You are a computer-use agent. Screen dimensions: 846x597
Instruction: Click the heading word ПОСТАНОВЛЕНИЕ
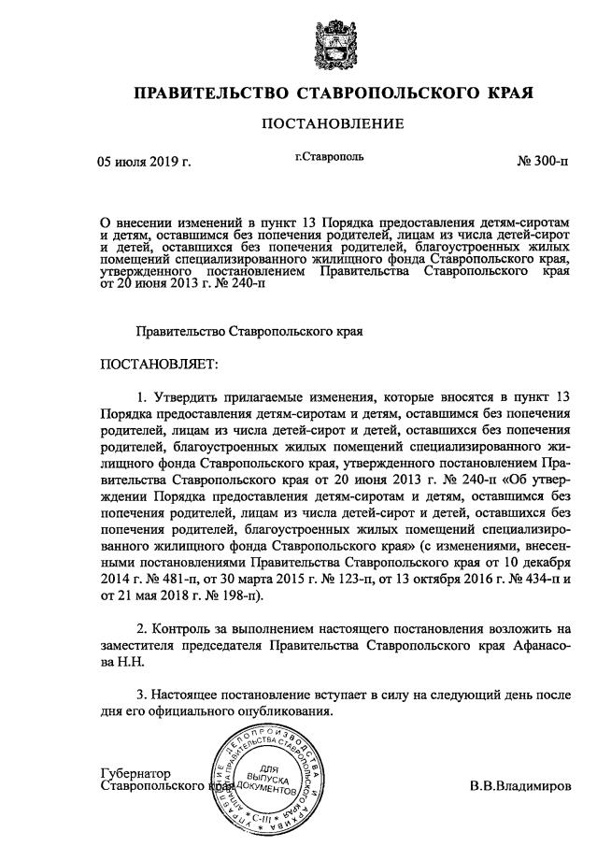tap(333, 123)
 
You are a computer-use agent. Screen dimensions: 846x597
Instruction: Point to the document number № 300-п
tap(543, 161)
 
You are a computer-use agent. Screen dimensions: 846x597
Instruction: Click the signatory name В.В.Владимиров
tap(519, 786)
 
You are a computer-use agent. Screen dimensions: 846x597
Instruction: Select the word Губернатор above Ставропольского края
tap(136, 773)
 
